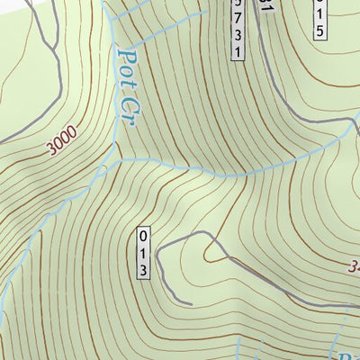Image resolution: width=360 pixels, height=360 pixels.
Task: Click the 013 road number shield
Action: coord(142,252)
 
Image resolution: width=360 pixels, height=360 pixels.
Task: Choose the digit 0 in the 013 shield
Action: coord(142,237)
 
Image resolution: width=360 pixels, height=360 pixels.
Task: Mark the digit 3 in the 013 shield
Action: coord(142,268)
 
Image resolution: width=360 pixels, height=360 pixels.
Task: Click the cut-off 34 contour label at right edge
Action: coord(352,266)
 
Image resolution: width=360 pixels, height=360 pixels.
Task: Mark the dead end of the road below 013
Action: coord(191,304)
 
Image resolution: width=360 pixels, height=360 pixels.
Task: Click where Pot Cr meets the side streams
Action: coord(117,158)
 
